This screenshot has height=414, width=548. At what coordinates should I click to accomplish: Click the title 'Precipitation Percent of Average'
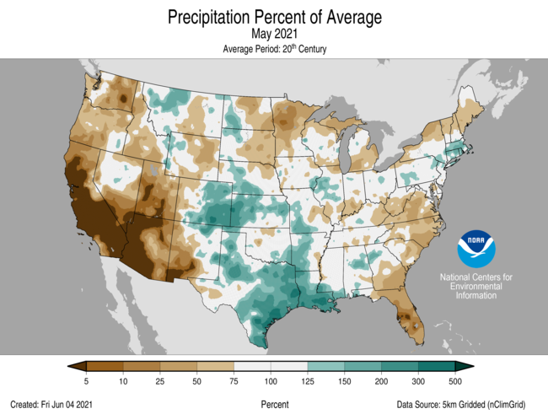click(275, 17)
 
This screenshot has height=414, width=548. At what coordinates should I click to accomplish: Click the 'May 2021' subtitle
click(275, 34)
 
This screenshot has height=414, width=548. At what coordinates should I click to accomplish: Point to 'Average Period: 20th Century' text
click(275, 49)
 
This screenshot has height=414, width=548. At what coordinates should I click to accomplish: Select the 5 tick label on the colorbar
click(87, 381)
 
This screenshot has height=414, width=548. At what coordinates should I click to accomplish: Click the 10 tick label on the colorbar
click(123, 381)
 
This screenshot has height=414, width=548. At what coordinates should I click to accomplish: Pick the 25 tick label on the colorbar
click(160, 381)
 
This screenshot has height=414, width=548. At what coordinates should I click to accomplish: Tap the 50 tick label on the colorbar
click(197, 381)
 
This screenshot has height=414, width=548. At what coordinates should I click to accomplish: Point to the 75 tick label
click(234, 381)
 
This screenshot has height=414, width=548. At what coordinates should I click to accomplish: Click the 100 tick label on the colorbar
click(271, 381)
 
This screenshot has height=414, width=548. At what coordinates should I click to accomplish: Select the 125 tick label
click(309, 381)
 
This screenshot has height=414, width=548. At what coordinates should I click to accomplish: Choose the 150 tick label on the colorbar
click(346, 381)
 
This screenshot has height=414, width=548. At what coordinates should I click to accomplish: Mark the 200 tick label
click(383, 381)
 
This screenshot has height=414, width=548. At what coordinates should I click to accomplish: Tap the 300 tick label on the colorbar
click(420, 381)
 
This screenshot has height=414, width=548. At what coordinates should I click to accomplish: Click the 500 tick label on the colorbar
click(457, 381)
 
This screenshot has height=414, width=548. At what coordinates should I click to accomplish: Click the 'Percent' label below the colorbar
click(275, 405)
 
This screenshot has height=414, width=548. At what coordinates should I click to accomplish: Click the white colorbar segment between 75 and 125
click(271, 365)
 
